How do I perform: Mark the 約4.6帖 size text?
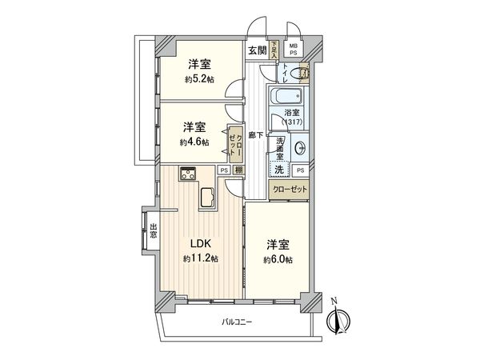point(194,142)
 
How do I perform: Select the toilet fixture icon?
point(300,75)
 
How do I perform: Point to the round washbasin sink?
point(300,149)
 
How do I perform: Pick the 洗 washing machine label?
point(278,170)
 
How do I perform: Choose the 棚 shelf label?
point(238,170)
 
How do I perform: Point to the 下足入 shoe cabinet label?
point(274,50)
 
